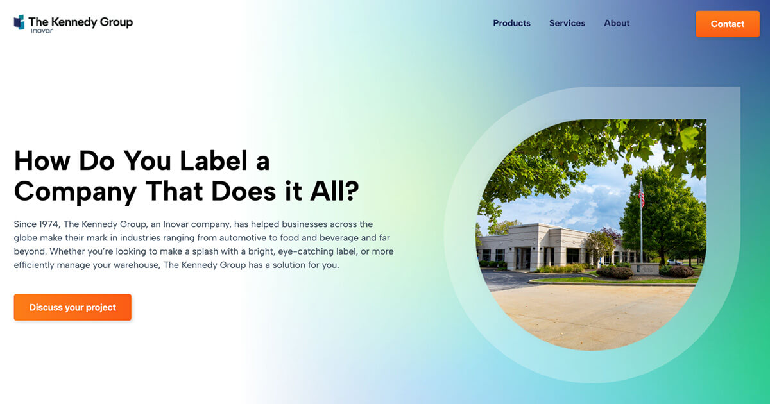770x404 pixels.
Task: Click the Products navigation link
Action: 511,23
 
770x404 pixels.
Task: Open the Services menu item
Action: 567,23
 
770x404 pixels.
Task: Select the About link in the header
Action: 617,23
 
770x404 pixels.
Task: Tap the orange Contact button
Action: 727,24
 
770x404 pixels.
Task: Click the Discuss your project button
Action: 73,307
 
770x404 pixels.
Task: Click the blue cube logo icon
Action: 19,22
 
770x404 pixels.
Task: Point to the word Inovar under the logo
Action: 42,31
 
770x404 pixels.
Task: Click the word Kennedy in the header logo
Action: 73,22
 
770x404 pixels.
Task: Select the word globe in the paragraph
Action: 26,238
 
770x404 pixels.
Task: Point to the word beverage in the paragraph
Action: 334,238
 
